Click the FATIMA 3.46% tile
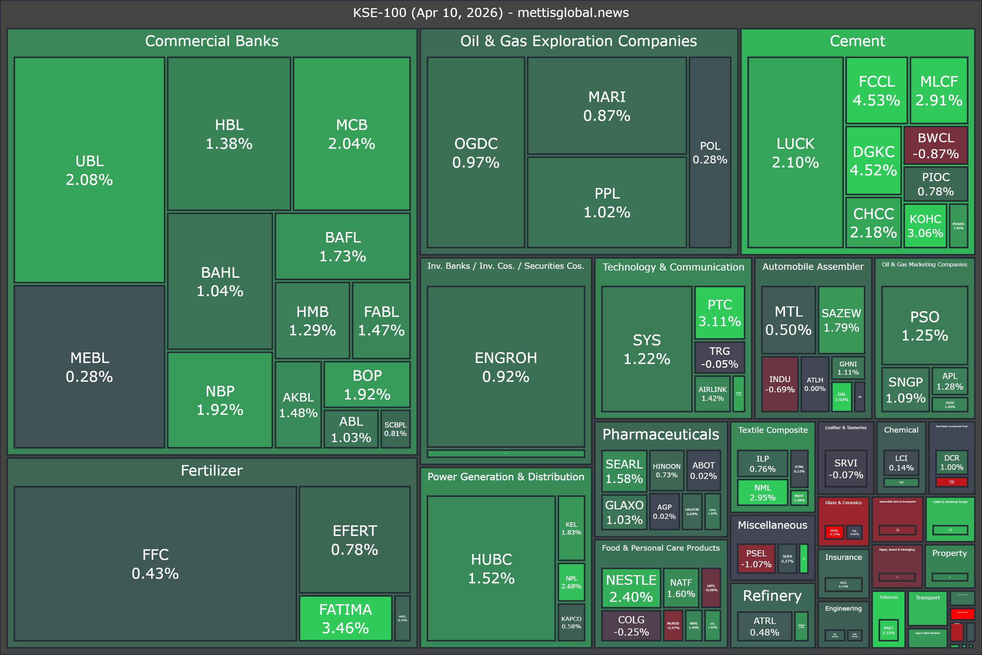pos(345,618)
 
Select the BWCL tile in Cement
pos(935,145)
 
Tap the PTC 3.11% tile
pos(719,312)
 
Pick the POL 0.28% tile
pos(710,152)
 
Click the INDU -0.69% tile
pos(779,384)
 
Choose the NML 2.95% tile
pos(762,492)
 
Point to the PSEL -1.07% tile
pos(756,558)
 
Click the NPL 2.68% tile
pos(571,582)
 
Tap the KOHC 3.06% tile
pos(925,225)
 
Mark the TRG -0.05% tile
pos(719,357)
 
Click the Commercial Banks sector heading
pos(212,41)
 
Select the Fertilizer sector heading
pos(212,470)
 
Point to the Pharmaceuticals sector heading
pos(660,434)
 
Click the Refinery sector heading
pos(772,595)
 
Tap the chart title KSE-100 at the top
pos(491,13)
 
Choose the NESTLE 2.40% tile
pos(631,588)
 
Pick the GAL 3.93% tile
pos(841,396)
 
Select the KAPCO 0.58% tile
pos(571,622)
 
